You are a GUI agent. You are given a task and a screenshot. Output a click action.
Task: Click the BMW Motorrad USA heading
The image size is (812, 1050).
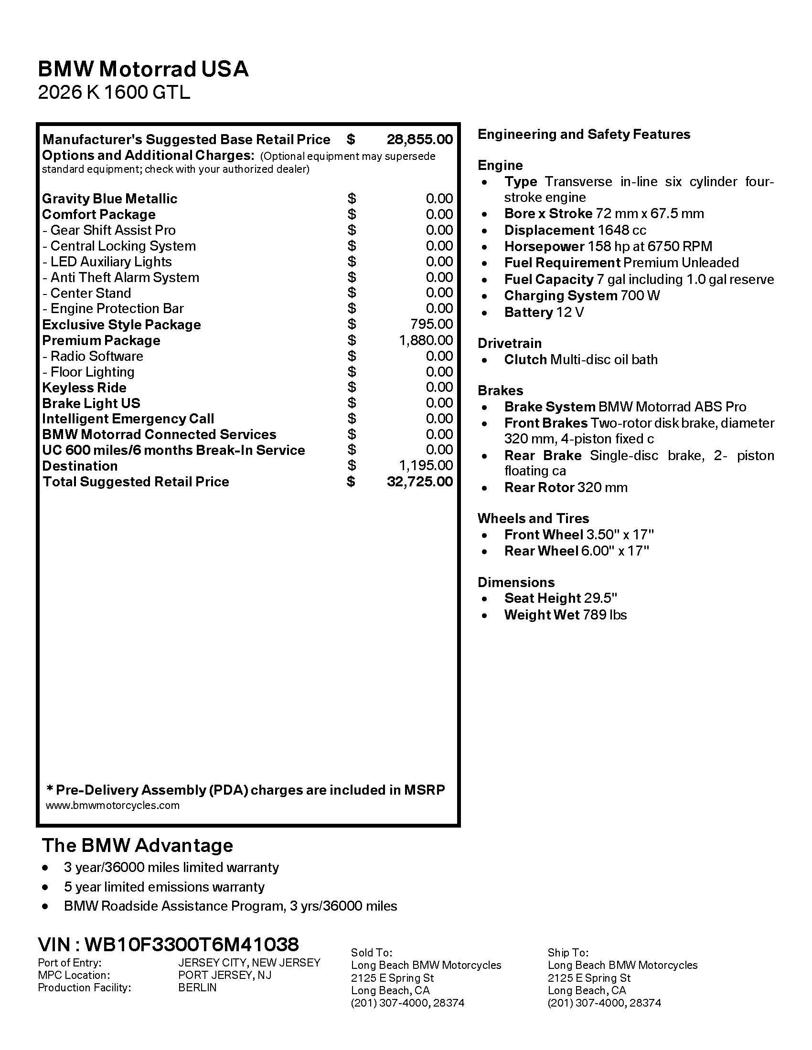pos(143,69)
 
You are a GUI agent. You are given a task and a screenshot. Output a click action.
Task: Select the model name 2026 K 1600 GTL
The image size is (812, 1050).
pos(114,92)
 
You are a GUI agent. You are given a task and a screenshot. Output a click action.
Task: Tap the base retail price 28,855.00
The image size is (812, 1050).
pos(419,139)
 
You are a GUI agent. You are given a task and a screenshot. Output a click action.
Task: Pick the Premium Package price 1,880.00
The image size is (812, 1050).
pos(426,340)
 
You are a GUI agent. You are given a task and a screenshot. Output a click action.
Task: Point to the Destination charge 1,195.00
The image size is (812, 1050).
pos(426,465)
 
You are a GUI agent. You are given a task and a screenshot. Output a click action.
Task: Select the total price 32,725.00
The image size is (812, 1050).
pos(419,481)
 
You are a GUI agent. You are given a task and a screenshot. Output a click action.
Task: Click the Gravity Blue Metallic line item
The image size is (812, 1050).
pos(110,199)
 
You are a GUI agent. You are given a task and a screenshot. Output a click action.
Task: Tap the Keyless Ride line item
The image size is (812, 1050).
pos(84,388)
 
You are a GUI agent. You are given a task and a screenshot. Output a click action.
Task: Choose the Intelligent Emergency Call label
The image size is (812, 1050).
pos(128,419)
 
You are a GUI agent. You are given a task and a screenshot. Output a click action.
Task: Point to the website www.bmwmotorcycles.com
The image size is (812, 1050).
pos(113,805)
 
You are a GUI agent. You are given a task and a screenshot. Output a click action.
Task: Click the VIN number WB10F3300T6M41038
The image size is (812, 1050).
pos(192,944)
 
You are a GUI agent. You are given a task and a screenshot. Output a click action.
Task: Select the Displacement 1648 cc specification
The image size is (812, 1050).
pos(575,231)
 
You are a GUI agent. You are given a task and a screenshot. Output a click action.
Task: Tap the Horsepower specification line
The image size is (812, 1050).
pos(608,247)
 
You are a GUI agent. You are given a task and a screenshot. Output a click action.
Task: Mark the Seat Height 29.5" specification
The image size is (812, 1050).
pos(560,598)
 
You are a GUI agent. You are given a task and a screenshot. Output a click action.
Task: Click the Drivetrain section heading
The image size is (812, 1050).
pos(510,343)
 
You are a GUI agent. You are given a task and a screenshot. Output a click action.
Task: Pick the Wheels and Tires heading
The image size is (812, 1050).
pos(533,518)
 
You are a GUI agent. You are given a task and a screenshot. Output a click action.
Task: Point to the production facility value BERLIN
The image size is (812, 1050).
pos(197,987)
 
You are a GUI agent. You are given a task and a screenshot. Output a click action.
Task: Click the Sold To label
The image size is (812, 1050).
pos(371,953)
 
